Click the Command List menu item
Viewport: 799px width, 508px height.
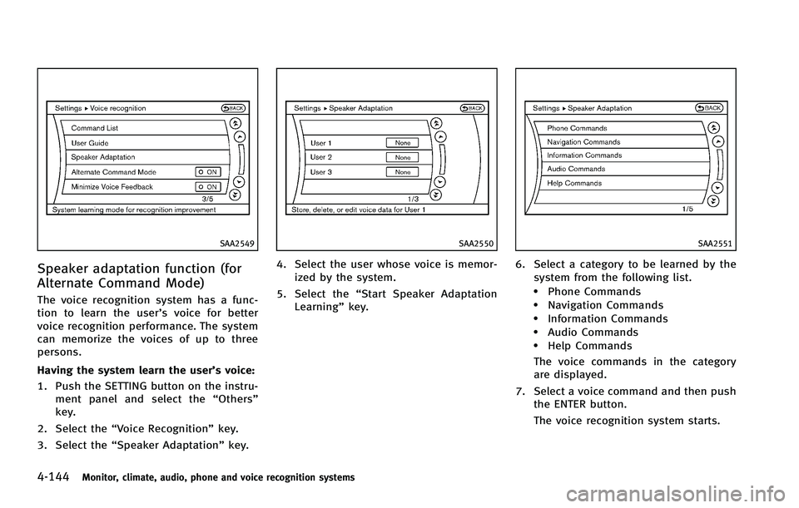click(x=94, y=128)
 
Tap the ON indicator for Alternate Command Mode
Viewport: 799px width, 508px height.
click(x=207, y=172)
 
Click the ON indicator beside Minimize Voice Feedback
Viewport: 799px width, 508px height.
click(x=207, y=187)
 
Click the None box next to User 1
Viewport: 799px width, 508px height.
click(x=402, y=142)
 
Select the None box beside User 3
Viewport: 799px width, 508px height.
click(x=402, y=172)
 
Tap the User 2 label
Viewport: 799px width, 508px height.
click(x=321, y=157)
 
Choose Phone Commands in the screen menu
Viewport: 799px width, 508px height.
click(x=577, y=128)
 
